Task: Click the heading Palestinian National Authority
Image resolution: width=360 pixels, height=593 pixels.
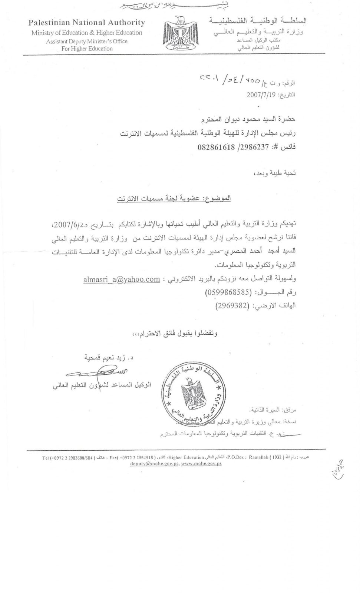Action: pyautogui.click(x=87, y=23)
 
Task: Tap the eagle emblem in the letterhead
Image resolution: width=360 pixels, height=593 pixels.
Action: pyautogui.click(x=178, y=33)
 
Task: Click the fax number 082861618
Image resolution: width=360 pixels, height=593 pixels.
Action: pyautogui.click(x=216, y=147)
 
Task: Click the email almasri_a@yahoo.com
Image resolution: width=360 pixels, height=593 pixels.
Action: pyautogui.click(x=122, y=279)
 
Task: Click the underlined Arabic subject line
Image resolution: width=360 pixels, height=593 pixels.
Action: pyautogui.click(x=174, y=199)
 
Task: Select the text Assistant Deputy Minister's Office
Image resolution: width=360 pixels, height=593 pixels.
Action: pyautogui.click(x=87, y=41)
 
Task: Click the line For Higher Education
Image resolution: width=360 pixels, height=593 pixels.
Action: pyautogui.click(x=87, y=49)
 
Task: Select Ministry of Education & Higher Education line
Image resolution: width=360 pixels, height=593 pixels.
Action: pyautogui.click(x=87, y=33)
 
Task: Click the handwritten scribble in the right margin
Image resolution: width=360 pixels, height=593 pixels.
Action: pyautogui.click(x=338, y=469)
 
